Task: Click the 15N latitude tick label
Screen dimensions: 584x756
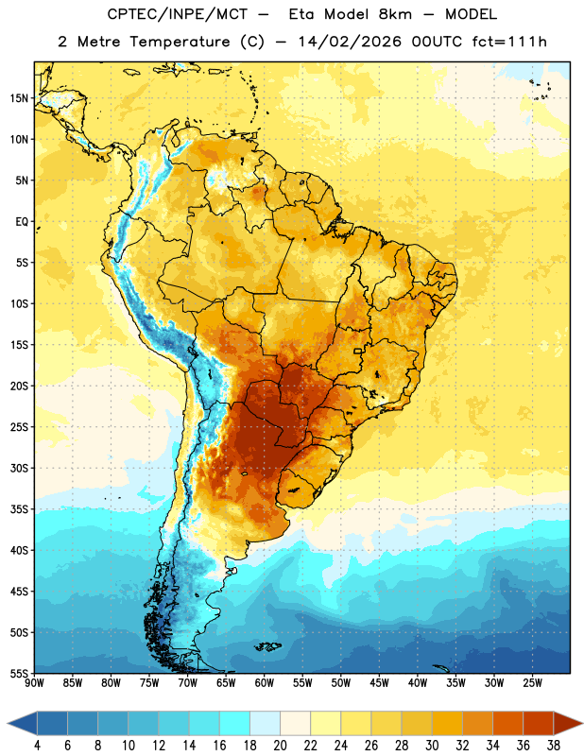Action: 19,98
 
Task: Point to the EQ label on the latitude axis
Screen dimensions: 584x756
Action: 22,222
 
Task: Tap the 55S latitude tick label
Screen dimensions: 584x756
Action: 19,674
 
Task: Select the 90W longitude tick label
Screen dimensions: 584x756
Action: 34,683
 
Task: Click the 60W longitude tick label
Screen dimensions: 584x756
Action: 265,683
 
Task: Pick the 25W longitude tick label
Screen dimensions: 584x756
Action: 532,683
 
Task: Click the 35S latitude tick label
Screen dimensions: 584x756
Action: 19,509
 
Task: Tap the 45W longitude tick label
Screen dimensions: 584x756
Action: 379,683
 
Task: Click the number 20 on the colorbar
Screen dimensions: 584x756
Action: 280,746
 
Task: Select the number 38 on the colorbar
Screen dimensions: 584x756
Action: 553,746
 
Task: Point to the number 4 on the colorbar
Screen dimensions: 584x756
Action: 37,746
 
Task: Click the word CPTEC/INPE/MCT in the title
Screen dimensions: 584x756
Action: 177,14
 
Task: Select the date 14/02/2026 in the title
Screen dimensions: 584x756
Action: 350,42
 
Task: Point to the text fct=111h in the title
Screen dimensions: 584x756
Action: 509,42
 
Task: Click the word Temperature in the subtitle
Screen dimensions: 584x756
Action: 180,42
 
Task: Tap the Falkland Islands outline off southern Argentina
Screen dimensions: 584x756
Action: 268,646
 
